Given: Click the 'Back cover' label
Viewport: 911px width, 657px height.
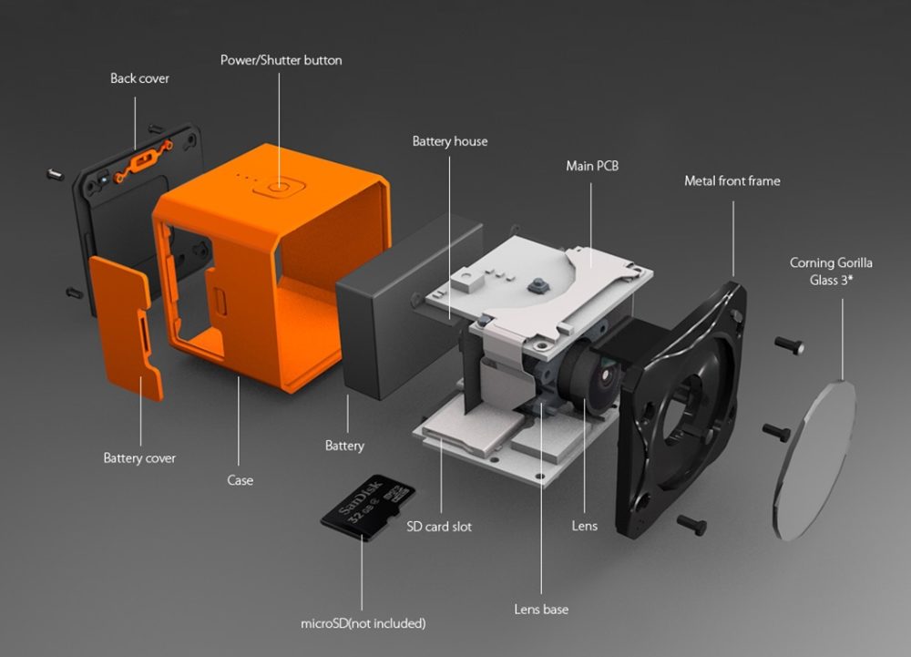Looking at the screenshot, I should point(139,78).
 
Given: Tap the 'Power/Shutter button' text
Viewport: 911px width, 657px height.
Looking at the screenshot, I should point(281,60).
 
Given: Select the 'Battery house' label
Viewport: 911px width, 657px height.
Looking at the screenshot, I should point(449,141).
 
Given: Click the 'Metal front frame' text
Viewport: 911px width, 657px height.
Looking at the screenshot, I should point(732,180).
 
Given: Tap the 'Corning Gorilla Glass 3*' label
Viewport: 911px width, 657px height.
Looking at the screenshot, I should point(830,271).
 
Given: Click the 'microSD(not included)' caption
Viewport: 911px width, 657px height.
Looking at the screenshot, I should point(363,623).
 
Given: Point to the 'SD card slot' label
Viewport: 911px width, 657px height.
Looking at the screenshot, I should point(439,526).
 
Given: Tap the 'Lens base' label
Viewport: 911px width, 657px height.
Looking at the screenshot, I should point(541,608).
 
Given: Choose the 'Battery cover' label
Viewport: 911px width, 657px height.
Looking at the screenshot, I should point(139,457).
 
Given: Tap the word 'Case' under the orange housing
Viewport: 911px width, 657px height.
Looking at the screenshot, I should point(240,479).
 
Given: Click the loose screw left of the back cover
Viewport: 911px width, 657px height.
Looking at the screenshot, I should point(56,172).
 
